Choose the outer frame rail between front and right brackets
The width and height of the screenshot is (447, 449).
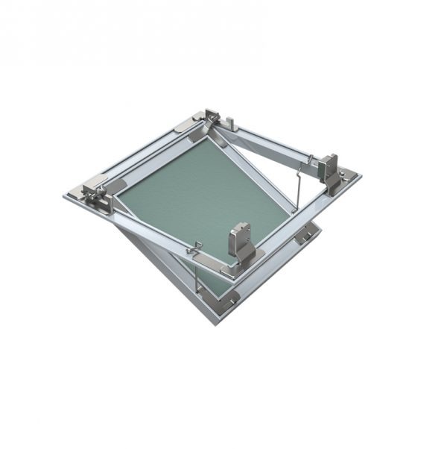click(x=305, y=224)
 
